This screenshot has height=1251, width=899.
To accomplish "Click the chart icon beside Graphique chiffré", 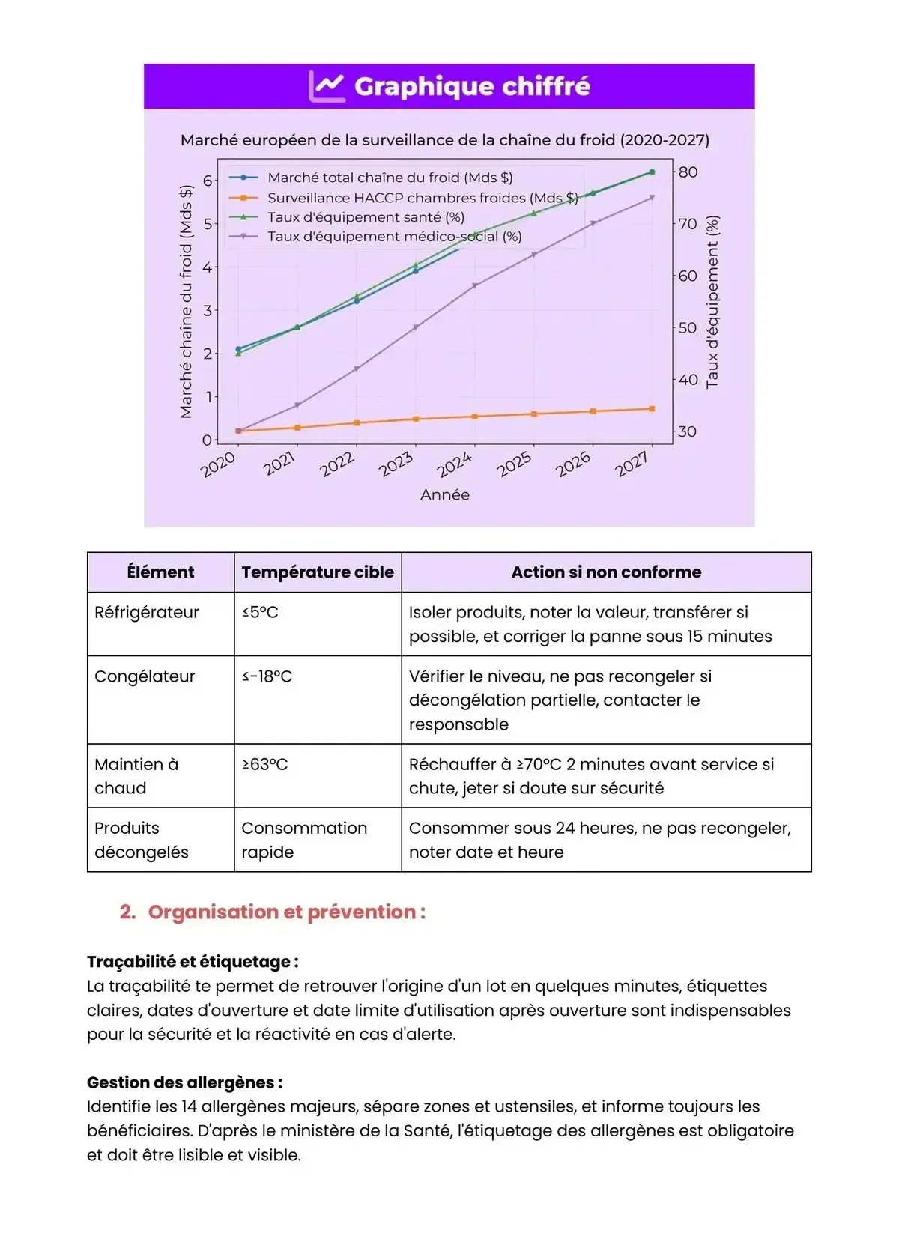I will point(327,86).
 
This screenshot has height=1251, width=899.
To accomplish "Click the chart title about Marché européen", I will point(445,140).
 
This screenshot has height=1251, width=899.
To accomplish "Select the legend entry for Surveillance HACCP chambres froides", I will point(423,198).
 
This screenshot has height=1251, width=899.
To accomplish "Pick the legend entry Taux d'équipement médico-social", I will point(394,237).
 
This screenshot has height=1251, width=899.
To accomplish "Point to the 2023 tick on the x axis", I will point(396,464).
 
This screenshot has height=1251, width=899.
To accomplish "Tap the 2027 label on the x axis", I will point(632,464).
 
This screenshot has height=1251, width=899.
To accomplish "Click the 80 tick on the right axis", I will point(688,172).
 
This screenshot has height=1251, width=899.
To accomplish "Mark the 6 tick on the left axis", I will point(208,181).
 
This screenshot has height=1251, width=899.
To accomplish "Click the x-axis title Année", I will point(445,495).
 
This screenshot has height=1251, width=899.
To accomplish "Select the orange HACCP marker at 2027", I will point(652,409).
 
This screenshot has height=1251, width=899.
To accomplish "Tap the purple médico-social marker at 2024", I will point(475,285).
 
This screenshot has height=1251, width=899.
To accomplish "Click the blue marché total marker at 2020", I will point(238,349).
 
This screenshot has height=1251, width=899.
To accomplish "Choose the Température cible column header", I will point(318,572).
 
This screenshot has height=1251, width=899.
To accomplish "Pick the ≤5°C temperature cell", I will point(260,613).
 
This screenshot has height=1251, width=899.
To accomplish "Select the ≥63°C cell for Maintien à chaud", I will point(264,765).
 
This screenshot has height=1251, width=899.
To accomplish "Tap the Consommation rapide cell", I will point(304,840).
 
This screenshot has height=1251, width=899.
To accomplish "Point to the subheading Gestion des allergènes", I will point(184,1082).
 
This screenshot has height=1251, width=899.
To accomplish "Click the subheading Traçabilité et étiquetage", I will point(193,962).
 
